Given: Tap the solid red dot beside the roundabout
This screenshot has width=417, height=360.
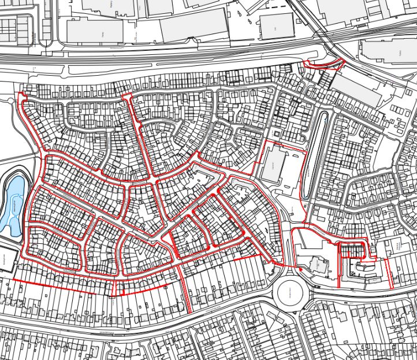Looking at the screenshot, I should coord(300,269).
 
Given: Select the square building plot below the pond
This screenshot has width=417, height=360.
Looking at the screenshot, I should coord(6,258).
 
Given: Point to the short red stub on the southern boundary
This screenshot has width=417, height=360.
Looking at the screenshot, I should coord(118,288).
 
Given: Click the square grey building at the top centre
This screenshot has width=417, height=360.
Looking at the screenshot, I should coord(276,26).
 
